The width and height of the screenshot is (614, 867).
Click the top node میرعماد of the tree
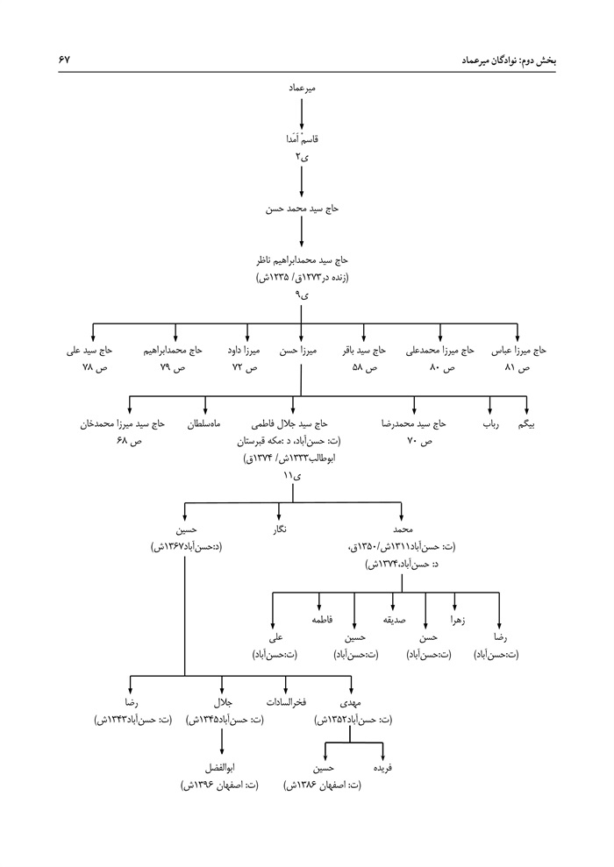[301, 90]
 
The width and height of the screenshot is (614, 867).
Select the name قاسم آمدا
[301, 140]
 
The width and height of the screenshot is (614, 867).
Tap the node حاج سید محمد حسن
[301, 210]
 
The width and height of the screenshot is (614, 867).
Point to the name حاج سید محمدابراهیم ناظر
[301, 260]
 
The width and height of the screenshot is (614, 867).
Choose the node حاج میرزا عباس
[518, 350]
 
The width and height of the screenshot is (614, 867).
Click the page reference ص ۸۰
[439, 368]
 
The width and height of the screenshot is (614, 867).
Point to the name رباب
[488, 424]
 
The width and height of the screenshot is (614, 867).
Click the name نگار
[279, 530]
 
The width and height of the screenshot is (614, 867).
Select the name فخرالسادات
[286, 703]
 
